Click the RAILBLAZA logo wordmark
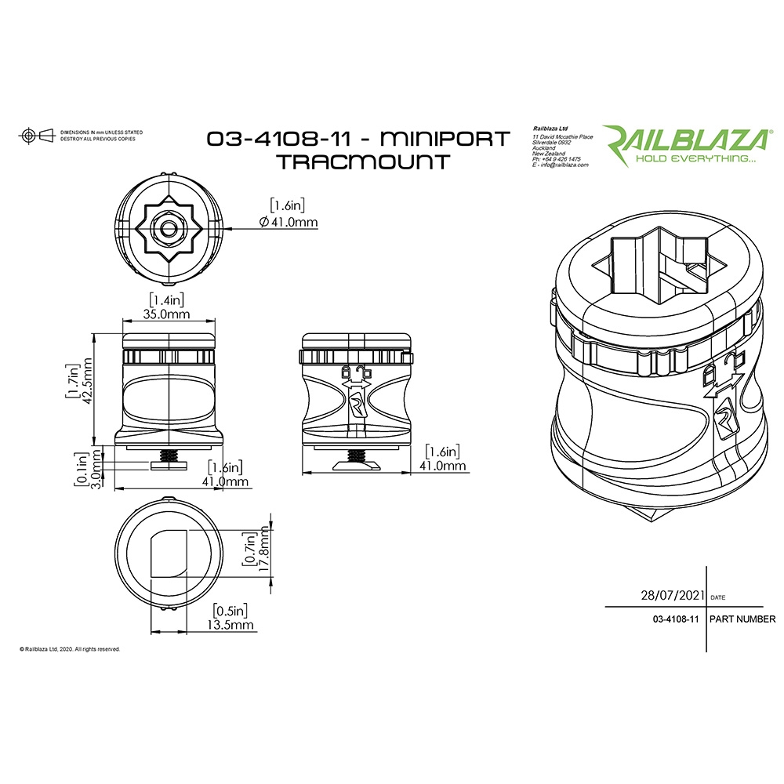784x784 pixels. [684, 139]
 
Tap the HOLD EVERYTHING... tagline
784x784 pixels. [695, 158]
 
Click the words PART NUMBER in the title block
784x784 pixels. [742, 619]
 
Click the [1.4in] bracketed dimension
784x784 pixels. [167, 299]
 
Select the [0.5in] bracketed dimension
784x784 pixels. [230, 610]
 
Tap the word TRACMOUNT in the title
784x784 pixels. [362, 162]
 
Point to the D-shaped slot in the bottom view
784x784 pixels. [169, 554]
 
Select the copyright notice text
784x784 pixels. [69, 649]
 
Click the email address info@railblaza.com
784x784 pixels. [561, 165]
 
